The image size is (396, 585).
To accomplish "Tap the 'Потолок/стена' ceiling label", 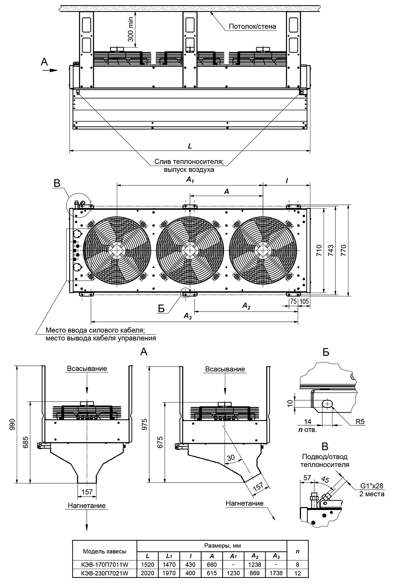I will coord(252,27).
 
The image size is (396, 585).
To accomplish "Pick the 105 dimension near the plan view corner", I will coord(304,301).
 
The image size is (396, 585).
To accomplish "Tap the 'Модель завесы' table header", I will coord(105,551).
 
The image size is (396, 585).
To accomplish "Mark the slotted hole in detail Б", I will coord(327,403).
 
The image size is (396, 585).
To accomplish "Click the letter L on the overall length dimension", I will coord(190,146).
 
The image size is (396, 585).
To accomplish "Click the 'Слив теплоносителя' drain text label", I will coord(189,162).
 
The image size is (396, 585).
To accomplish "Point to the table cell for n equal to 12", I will coord(297,573).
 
